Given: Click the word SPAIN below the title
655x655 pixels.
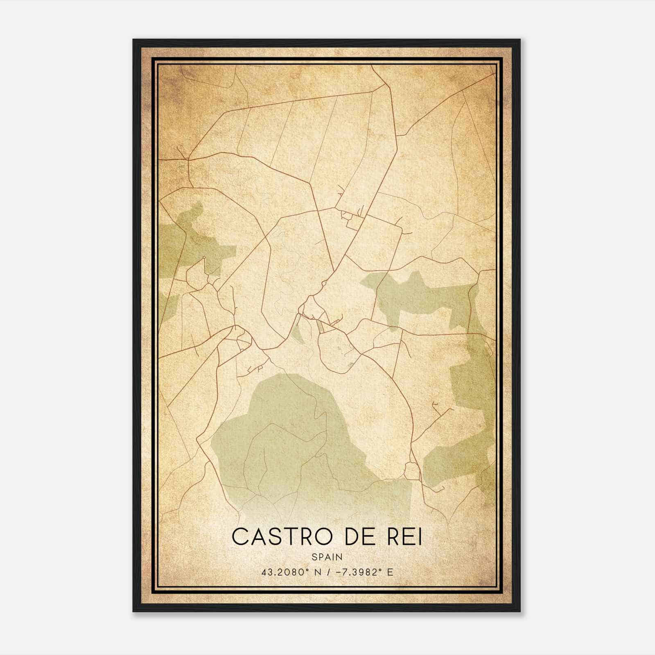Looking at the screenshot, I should click(x=327, y=557).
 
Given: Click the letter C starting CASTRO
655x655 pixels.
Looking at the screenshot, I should click(x=240, y=537).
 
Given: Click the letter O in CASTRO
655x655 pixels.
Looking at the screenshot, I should click(x=324, y=537).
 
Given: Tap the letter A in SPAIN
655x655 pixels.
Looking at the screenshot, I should click(x=327, y=557).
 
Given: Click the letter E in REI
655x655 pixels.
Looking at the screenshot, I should click(x=407, y=537).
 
